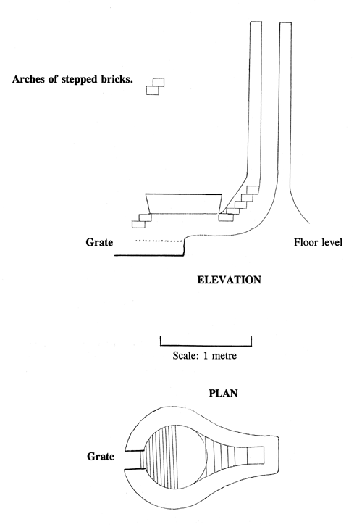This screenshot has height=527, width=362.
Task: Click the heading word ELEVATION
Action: [229, 278]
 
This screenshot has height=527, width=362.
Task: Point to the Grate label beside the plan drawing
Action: [99, 457]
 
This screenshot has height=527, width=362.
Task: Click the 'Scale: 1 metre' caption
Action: [206, 356]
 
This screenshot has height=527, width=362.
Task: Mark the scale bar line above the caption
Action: [206, 344]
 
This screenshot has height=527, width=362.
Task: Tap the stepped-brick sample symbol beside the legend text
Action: [155, 86]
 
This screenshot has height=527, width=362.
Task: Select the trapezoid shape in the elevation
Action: [184, 204]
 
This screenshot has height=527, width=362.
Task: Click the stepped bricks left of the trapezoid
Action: [138, 217]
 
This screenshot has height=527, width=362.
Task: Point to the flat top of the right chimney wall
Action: [285, 23]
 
